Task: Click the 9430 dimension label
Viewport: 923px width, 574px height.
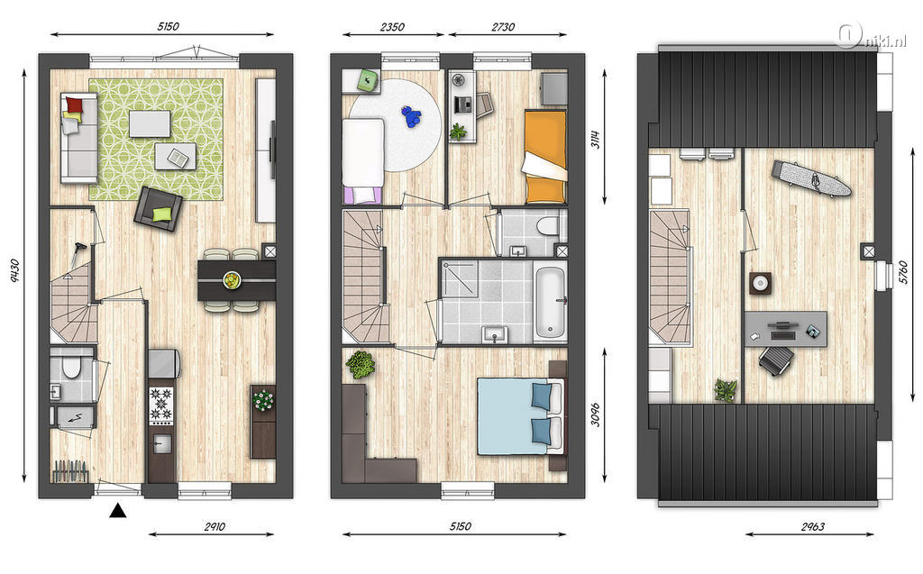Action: (14, 271)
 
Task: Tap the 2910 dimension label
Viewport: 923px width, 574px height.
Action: (215, 526)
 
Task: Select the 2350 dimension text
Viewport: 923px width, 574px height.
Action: (392, 26)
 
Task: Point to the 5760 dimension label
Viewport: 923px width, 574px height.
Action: (903, 272)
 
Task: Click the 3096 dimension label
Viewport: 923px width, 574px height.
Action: (595, 415)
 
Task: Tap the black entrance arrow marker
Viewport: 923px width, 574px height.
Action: (118, 510)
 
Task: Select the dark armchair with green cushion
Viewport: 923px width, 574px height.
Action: (158, 209)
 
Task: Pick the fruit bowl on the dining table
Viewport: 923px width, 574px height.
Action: (232, 279)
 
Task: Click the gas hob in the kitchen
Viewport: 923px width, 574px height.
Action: (161, 405)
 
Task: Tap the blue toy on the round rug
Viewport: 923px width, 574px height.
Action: (411, 116)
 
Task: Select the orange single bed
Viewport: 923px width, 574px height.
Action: (544, 156)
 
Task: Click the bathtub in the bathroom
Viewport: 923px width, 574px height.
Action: (551, 303)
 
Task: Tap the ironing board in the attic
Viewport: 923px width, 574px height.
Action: (811, 178)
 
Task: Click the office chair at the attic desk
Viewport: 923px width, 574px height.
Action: (776, 360)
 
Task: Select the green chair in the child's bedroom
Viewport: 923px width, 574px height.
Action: (369, 79)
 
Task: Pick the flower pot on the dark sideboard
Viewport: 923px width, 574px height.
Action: (263, 401)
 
